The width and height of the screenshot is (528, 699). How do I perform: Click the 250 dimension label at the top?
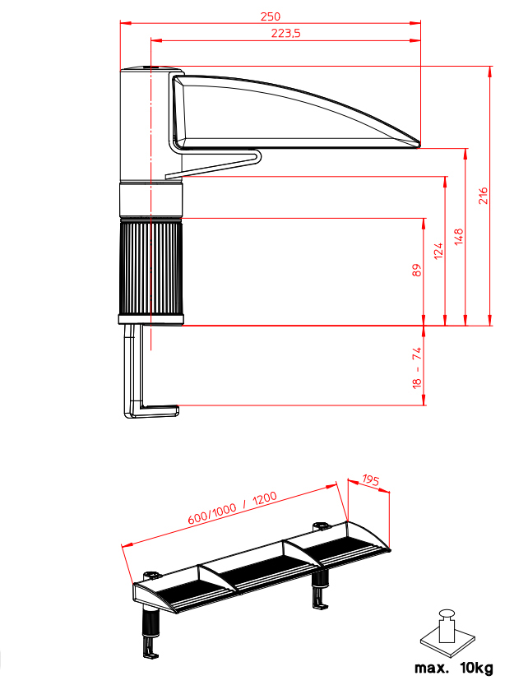(x=271, y=16)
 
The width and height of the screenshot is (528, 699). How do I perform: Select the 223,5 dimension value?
(x=286, y=34)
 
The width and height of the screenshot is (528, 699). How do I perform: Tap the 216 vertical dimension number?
(x=484, y=196)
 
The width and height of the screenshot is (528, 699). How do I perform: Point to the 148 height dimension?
(x=459, y=237)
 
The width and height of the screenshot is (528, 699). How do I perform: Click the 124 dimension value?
(x=439, y=251)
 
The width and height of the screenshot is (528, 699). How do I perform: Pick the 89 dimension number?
(x=417, y=271)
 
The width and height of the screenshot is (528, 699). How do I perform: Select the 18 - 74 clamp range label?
(x=417, y=368)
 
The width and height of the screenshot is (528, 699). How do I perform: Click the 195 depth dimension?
(x=371, y=480)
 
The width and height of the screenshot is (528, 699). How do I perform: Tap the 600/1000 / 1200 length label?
(x=233, y=507)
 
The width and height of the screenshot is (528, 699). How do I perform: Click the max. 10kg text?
(x=453, y=669)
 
